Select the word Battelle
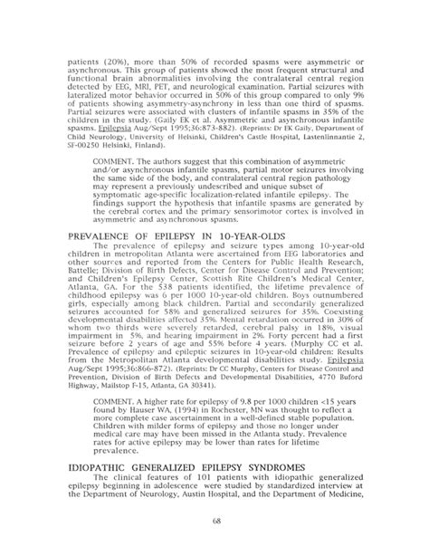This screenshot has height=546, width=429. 88,265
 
